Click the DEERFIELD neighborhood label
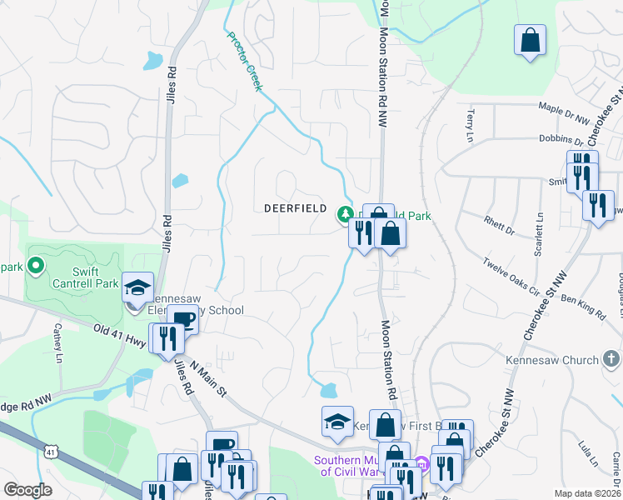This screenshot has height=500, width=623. point(295,207)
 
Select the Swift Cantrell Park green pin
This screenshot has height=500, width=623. point(35,266)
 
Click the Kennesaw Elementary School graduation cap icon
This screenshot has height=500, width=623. point(137,288)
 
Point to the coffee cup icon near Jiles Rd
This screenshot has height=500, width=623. point(182,320)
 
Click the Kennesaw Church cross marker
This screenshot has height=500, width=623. point(611,359)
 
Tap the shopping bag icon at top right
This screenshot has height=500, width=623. point(529,40)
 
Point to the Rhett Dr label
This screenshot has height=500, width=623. point(501,225)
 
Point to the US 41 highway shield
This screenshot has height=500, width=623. point(51,452)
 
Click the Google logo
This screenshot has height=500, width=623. point(27,489)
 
